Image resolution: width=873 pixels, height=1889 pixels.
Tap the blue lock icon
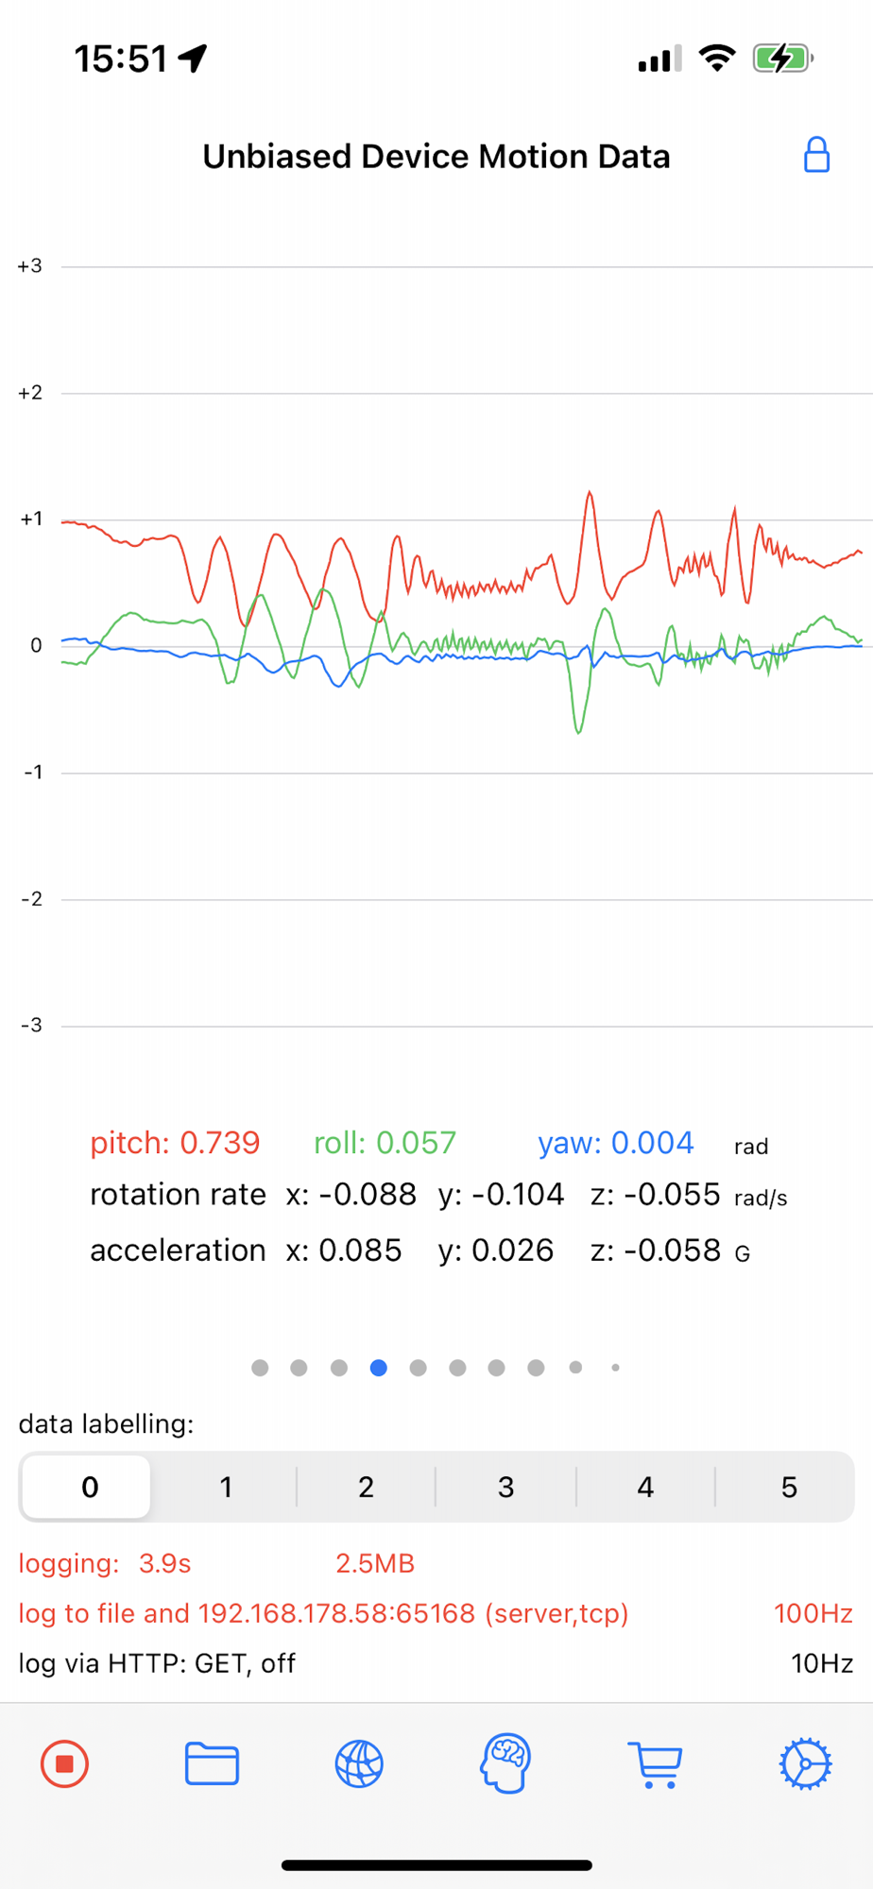816,156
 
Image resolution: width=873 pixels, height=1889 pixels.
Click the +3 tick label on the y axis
30,266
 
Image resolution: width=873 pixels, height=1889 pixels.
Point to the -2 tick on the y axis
32,899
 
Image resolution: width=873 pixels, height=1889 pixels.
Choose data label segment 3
505,1488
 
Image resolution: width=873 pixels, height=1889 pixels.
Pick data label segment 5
789,1488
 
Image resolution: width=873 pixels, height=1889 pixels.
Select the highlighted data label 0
90,1488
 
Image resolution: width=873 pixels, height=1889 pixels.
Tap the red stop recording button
64,1763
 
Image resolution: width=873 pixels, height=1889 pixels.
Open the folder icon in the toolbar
212,1763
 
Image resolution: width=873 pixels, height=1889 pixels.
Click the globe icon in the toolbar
359,1763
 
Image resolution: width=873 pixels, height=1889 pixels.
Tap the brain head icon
506,1763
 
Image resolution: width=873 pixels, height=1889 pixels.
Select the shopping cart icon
655,1763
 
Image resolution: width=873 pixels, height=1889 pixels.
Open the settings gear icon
805,1763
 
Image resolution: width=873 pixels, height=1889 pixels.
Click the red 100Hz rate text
813,1613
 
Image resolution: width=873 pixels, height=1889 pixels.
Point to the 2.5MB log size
375,1564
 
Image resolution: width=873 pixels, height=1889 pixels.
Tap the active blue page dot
379,1368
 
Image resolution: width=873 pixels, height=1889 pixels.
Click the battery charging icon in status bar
782,59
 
